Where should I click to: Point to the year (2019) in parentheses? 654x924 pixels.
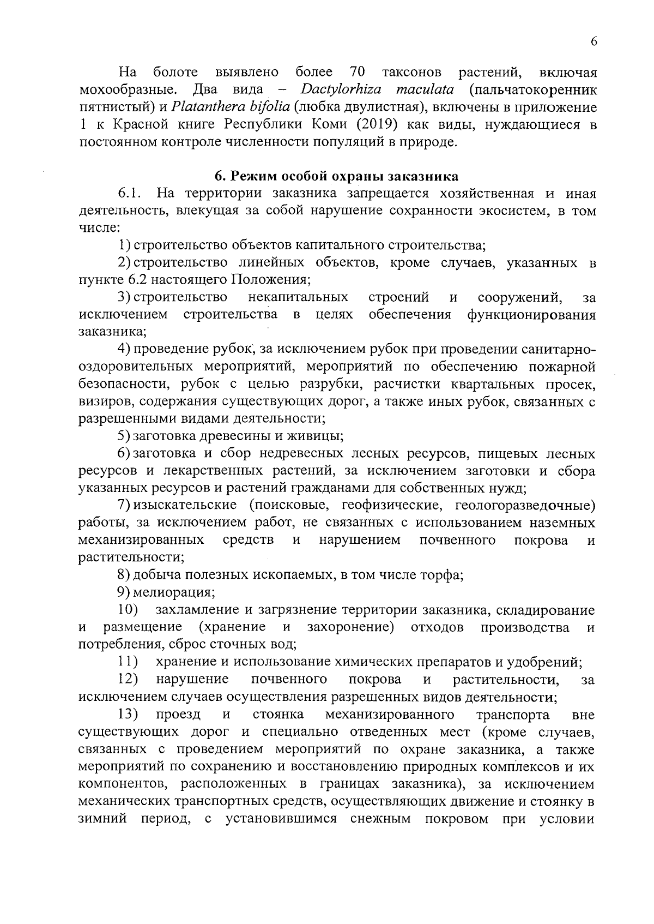tap(374, 125)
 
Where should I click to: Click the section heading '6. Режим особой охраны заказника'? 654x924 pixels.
tap(336, 176)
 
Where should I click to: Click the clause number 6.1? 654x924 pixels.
tap(130, 194)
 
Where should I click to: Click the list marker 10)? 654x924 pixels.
tap(128, 610)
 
